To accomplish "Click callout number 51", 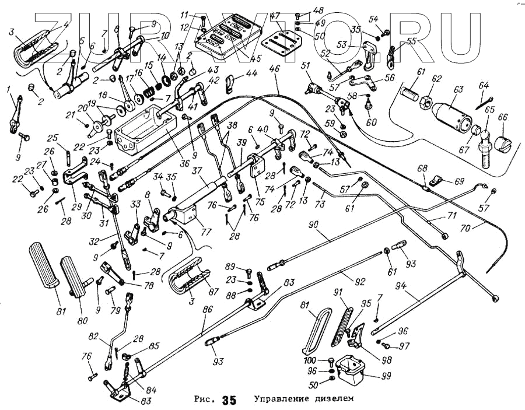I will tap(304, 65).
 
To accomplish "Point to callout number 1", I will tap(8, 90).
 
